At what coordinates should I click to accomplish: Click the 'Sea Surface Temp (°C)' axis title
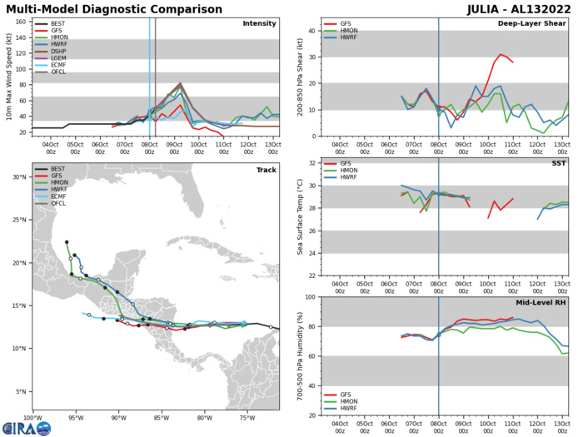point(298,219)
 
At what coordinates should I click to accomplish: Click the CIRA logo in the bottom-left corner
point(26,427)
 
